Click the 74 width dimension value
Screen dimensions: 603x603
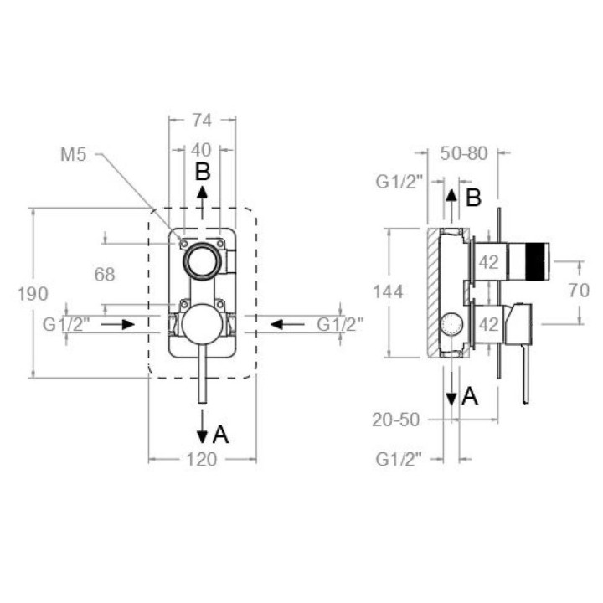coord(203,121)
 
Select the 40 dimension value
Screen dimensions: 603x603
coord(202,150)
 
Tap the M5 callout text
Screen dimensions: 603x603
coord(74,155)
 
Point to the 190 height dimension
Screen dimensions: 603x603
coord(33,294)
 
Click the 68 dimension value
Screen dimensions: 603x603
coord(105,275)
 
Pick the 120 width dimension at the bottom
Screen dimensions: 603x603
coord(202,459)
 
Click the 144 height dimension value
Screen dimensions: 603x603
coord(389,292)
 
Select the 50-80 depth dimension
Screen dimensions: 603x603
coord(464,153)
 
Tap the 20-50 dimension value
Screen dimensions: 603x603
coord(395,420)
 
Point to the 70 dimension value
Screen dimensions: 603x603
coord(579,291)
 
